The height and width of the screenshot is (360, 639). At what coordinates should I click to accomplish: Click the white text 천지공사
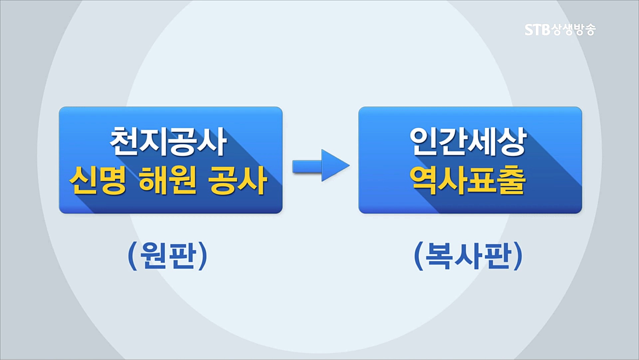point(168,142)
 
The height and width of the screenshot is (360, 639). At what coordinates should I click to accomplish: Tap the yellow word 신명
point(98,181)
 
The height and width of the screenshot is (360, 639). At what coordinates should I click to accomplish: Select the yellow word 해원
point(167,181)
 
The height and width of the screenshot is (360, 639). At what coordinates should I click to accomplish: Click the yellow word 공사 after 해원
point(237,181)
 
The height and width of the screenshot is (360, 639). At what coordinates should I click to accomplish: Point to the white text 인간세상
point(468,142)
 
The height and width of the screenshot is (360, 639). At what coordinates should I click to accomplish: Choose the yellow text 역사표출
point(468,181)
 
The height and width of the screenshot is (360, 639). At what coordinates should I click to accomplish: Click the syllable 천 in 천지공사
point(124,142)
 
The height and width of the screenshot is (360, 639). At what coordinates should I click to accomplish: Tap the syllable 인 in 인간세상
point(424,142)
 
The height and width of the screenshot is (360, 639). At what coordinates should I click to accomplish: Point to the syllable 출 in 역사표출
point(512,181)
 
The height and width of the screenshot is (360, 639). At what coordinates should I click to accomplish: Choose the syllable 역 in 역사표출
point(424,181)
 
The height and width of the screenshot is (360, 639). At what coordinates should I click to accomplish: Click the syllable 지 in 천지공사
point(153,142)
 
